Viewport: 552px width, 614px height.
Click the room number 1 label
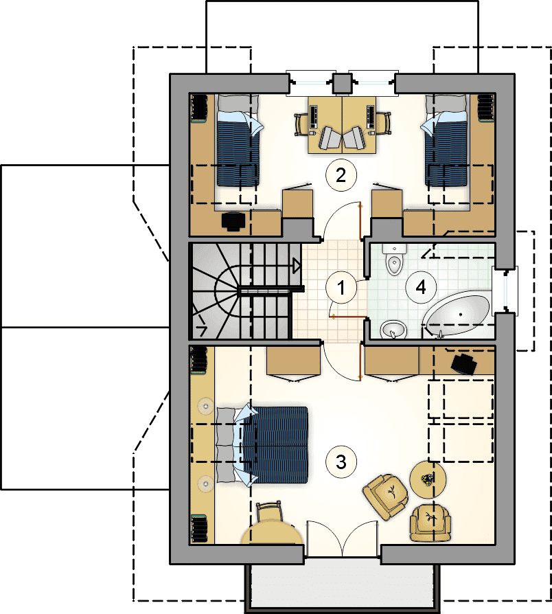tap(341, 288)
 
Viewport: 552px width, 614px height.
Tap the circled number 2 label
tap(341, 175)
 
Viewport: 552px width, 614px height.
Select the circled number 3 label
tap(341, 462)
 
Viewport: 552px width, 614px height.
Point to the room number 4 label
tap(420, 287)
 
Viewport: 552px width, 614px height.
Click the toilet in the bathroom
tap(394, 259)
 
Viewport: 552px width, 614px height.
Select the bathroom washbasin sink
tap(393, 329)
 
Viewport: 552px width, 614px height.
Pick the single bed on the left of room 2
tap(238, 140)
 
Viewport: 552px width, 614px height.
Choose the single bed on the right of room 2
tap(446, 140)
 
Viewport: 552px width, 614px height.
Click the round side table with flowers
tap(428, 479)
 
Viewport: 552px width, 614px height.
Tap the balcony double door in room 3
tap(342, 539)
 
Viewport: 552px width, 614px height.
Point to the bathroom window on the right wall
tap(507, 291)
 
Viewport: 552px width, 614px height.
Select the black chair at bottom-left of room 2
tap(233, 220)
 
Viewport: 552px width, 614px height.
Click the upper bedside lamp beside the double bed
tap(205, 406)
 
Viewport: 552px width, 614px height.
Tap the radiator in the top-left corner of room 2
tap(199, 108)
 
